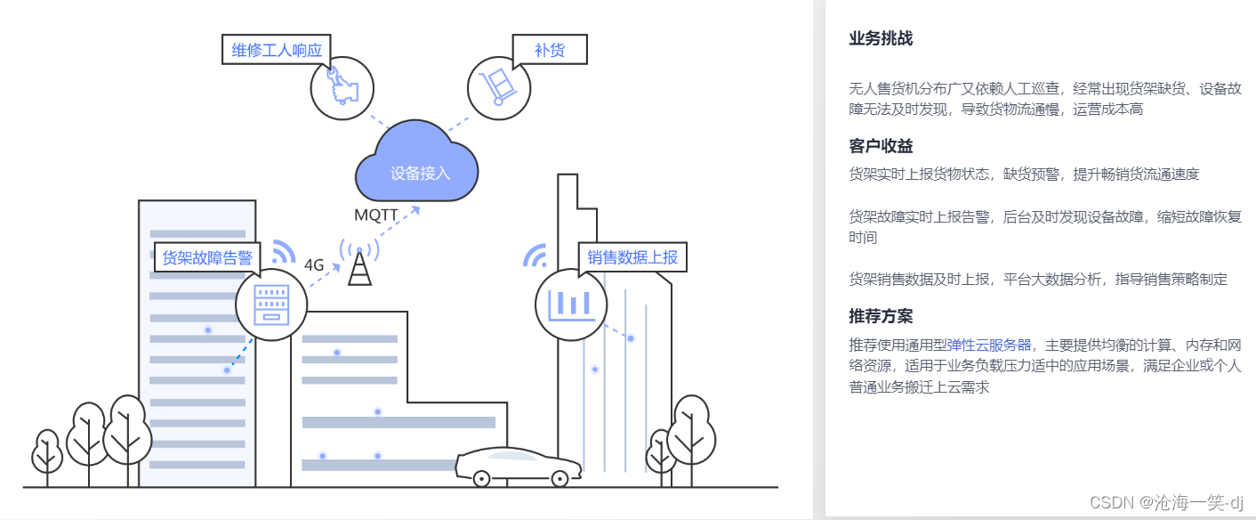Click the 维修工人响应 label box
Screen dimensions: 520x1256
pos(277,50)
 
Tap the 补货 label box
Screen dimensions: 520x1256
pos(550,50)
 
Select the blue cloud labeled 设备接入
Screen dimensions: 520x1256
pos(417,165)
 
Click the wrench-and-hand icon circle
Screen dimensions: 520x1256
pos(341,88)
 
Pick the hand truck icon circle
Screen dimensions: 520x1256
pos(498,88)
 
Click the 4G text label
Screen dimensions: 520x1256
pos(314,264)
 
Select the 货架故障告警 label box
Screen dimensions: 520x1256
pos(207,258)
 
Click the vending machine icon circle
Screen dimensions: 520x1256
pos(271,305)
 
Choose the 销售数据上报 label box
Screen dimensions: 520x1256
pos(632,258)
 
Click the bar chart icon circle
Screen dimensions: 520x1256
pos(571,305)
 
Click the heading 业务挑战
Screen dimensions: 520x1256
pos(881,38)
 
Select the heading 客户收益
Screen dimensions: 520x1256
pos(881,146)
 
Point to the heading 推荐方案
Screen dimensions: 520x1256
pos(881,316)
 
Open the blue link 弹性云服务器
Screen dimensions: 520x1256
pos(988,345)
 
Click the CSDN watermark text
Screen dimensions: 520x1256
pos(1166,502)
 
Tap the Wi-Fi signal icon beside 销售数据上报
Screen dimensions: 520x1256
pos(535,256)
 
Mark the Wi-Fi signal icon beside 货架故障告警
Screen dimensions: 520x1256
pos(283,251)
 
